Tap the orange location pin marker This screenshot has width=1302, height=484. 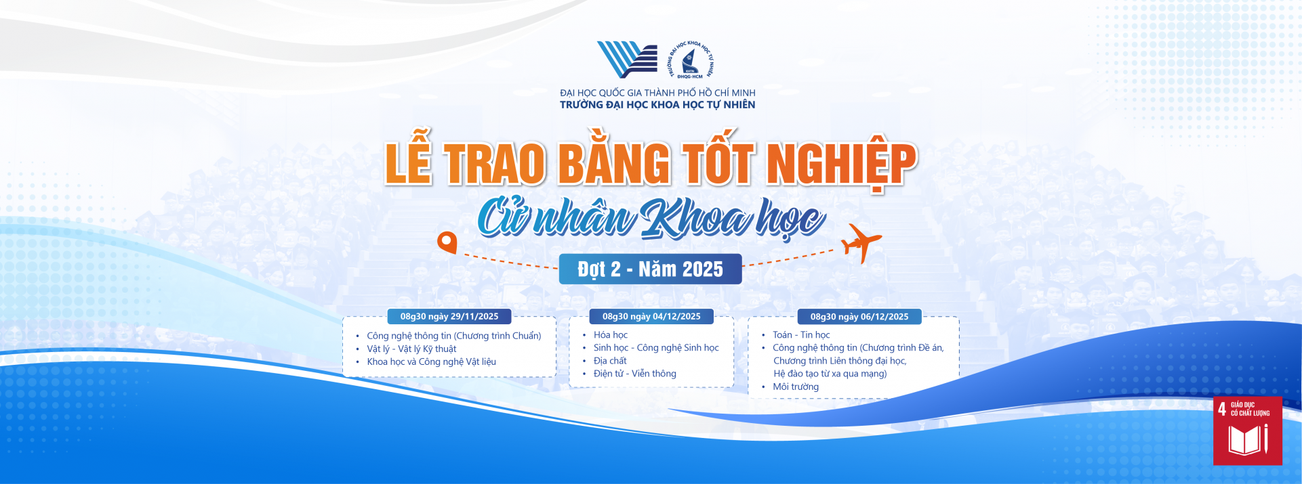pos(447,242)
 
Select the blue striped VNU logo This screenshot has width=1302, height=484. pos(627,59)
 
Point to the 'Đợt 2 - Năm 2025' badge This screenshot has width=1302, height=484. pos(650,269)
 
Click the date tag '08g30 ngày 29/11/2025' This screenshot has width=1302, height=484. pos(449,316)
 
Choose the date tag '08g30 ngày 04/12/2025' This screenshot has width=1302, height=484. pos(651,316)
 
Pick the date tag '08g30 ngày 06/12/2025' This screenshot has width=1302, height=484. pos(859,316)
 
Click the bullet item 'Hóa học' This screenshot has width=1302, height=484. pos(611,335)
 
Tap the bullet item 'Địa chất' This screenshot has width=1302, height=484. pos(610,361)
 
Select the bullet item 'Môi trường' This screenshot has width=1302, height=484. pos(796,387)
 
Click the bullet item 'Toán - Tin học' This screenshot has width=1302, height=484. pos(801,335)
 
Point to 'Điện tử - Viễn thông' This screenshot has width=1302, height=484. pos(635,374)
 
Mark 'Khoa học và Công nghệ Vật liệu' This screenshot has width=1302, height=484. pos(432,361)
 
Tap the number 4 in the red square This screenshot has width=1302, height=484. pos(1221,409)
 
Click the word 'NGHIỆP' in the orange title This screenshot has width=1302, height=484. pos(842,164)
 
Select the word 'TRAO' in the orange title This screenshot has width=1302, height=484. pos(495,164)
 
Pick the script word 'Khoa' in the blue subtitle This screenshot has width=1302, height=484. pos(696,219)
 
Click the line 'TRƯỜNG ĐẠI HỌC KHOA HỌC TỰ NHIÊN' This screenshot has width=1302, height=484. pos(657,105)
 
